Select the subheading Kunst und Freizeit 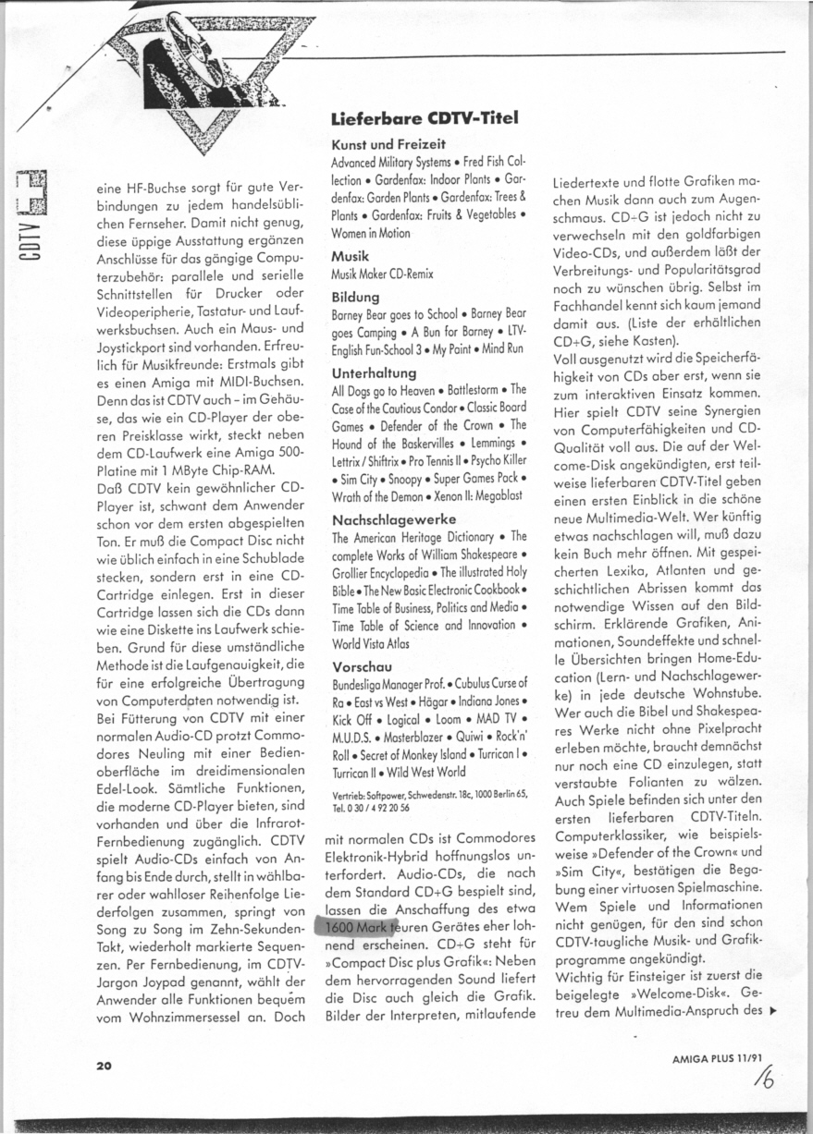[388, 145]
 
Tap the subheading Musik [351, 255]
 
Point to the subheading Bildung [355, 298]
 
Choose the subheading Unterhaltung [374, 373]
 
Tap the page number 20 [104, 1066]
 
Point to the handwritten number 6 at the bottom [764, 1078]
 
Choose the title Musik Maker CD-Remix [382, 274]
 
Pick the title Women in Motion [370, 234]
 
